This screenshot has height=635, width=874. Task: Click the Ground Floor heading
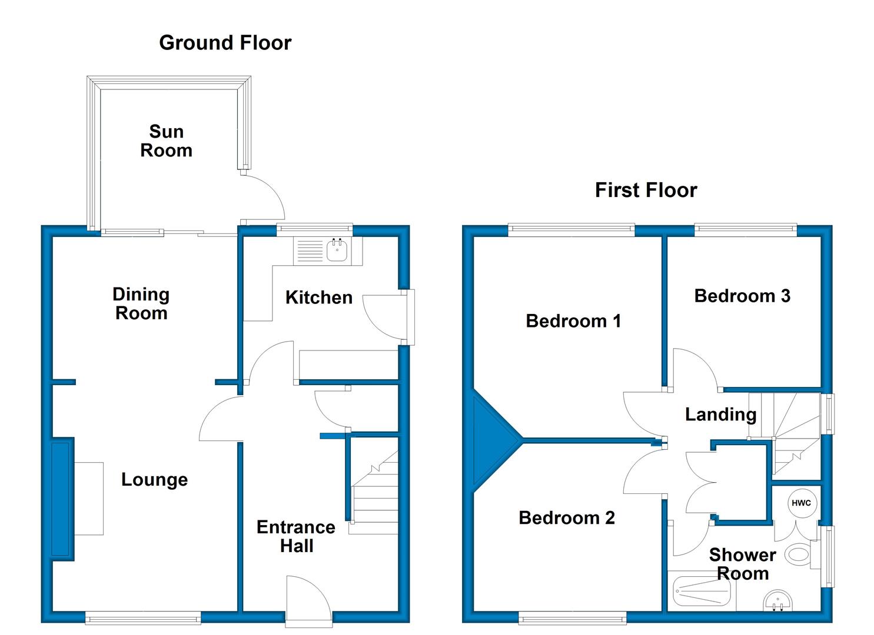tap(225, 43)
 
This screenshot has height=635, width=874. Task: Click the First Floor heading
tap(646, 190)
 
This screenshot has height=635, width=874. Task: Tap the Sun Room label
tap(166, 141)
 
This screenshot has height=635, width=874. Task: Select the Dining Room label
tap(141, 303)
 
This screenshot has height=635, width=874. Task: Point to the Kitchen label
tap(319, 298)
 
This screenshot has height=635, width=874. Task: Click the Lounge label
tap(155, 479)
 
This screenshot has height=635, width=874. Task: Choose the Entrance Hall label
tap(296, 536)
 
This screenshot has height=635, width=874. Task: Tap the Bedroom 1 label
tap(573, 321)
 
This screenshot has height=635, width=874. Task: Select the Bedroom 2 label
tap(567, 517)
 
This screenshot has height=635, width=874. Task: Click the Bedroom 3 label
tap(742, 296)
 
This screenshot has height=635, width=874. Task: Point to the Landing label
tap(720, 415)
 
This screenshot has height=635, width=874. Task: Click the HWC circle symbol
tap(801, 503)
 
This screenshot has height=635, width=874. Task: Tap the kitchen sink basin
tap(337, 250)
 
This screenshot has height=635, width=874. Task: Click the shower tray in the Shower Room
tap(702, 590)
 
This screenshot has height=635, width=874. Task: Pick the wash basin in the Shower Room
tap(778, 601)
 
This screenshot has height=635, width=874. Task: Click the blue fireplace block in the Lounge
tap(63, 499)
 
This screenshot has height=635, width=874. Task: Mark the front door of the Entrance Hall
tap(308, 601)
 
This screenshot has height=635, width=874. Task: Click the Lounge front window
tap(143, 617)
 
